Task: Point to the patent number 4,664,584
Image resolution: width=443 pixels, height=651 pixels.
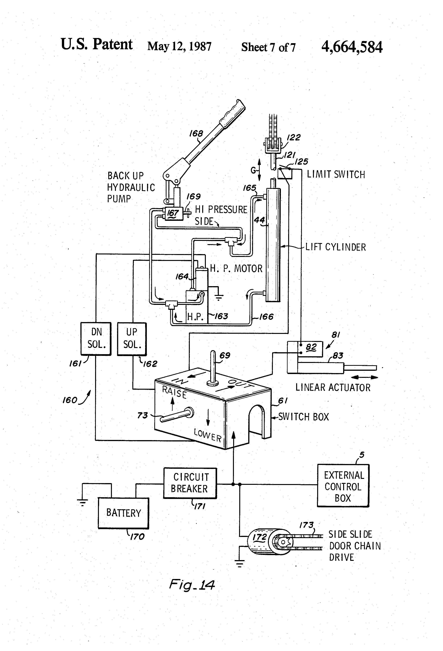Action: [x=352, y=47]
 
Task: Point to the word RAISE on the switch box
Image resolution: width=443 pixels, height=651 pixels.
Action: [x=174, y=392]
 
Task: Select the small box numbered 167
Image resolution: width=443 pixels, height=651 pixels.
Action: [x=173, y=213]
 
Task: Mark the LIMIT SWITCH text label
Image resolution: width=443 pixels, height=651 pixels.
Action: [x=336, y=174]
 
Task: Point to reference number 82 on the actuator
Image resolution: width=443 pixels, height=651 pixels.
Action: [x=311, y=347]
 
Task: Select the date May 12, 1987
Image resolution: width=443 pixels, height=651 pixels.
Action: [x=179, y=46]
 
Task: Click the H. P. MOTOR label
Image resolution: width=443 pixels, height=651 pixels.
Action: [x=236, y=268]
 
